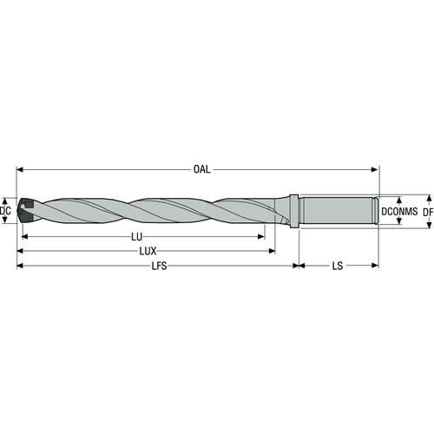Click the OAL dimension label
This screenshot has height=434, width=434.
(x=201, y=169)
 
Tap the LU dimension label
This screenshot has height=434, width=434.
(x=136, y=237)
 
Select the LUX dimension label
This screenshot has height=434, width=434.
(x=148, y=251)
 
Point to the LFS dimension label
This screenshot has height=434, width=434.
(x=160, y=266)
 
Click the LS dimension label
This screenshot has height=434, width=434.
(x=338, y=266)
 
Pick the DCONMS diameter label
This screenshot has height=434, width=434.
(x=399, y=212)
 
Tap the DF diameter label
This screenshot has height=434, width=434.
(x=428, y=212)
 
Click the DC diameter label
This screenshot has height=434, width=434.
(x=5, y=211)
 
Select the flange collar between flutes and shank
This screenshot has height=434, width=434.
(x=294, y=211)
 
